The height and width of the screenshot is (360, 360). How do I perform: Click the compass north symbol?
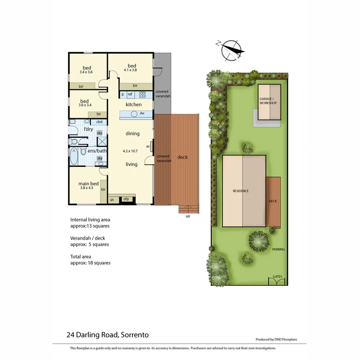click(230, 50)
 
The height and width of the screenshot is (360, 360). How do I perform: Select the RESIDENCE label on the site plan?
click(240, 191)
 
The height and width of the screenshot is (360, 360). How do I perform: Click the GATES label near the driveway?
click(277, 277)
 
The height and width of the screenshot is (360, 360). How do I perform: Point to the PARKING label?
click(278, 250)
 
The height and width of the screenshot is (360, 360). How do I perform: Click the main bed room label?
click(89, 183)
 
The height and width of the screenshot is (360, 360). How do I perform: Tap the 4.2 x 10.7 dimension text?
click(131, 151)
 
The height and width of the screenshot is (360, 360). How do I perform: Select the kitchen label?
click(134, 105)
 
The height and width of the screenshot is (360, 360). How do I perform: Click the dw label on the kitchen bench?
click(142, 113)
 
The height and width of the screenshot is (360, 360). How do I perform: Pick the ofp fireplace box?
click(126, 199)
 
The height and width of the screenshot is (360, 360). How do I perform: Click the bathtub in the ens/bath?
click(75, 156)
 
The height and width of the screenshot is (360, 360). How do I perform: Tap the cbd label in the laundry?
click(99, 122)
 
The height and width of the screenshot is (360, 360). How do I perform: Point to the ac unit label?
click(148, 146)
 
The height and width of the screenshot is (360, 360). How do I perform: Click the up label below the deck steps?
click(188, 217)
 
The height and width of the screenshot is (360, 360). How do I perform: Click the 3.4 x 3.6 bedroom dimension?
click(85, 71)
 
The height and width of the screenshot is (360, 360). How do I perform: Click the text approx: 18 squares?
click(90, 263)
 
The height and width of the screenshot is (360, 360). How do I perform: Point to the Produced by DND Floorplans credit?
click(276, 340)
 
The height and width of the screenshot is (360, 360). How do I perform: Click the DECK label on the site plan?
click(273, 201)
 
